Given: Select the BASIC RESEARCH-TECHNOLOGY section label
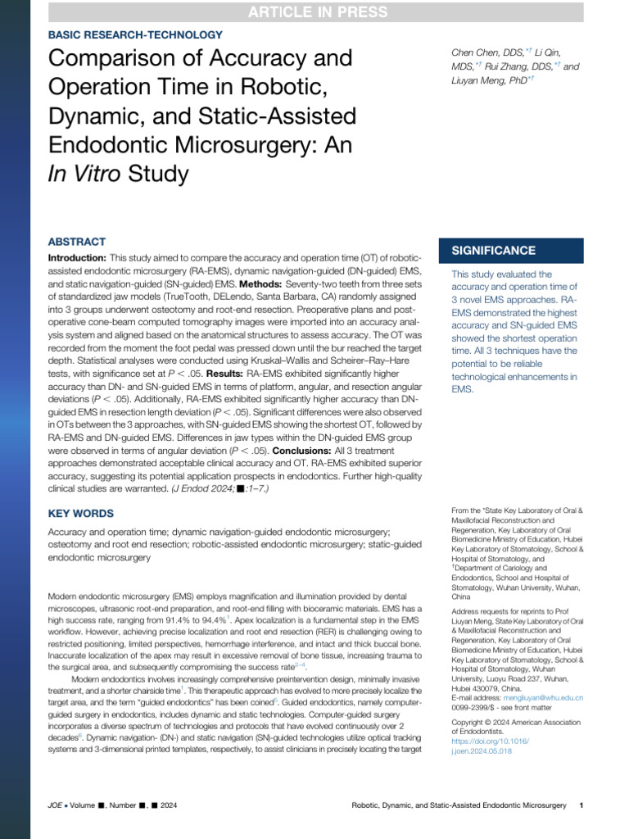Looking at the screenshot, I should (x=135, y=35).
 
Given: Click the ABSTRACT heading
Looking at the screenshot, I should (x=77, y=242).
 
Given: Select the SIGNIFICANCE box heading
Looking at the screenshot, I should (x=490, y=251).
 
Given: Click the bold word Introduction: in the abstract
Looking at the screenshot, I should (x=78, y=258).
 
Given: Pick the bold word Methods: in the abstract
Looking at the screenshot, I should (x=260, y=283).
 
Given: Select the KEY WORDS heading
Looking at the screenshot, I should (x=81, y=513).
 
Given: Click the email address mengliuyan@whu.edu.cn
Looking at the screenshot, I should (x=542, y=698).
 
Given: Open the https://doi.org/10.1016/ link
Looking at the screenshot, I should (x=491, y=741).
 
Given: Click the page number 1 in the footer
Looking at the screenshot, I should (x=580, y=806).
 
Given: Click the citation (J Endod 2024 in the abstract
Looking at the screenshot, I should (x=194, y=488).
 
